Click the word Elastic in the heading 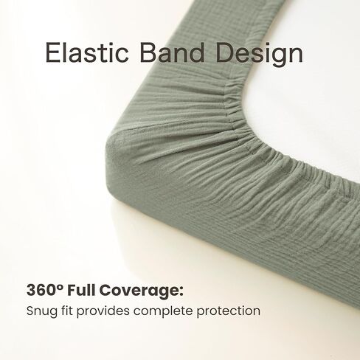[x=87, y=53]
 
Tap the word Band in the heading [x=172, y=52]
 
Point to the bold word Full [x=82, y=290]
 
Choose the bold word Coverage [x=139, y=291]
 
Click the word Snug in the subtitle [x=42, y=311]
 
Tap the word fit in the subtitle [x=67, y=311]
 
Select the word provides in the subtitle [x=103, y=311]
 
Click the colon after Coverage [x=181, y=291]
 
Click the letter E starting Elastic [x=52, y=53]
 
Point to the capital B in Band [x=148, y=53]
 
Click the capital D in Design [x=226, y=53]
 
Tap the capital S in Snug [x=31, y=311]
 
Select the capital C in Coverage [x=105, y=290]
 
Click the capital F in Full [x=72, y=290]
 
